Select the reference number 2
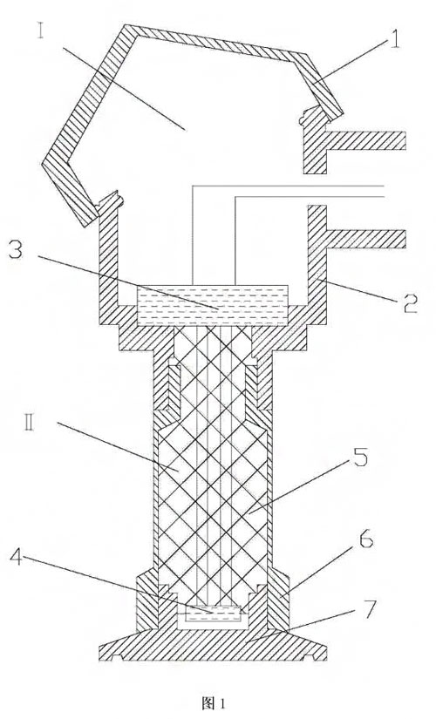pyautogui.click(x=409, y=302)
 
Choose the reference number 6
pyautogui.click(x=365, y=540)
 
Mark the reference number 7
pyautogui.click(x=371, y=608)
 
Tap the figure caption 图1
pyautogui.click(x=213, y=702)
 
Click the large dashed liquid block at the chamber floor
pyautogui.click(x=213, y=305)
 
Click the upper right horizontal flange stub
pyautogui.click(x=366, y=140)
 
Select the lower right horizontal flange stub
pyautogui.click(x=366, y=239)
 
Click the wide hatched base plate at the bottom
pyautogui.click(x=213, y=645)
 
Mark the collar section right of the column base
pyautogui.click(x=277, y=598)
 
